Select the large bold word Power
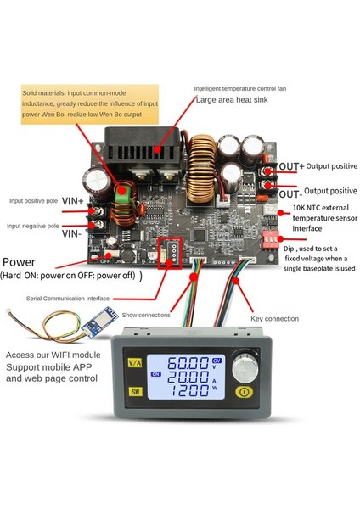[x=25, y=262]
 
